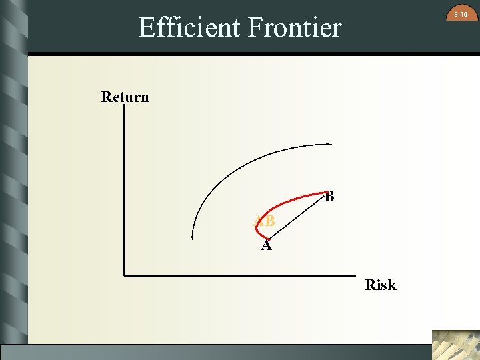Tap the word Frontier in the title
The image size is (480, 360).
294,27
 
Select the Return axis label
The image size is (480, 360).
125,97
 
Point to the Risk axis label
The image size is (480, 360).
381,285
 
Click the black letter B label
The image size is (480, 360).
329,197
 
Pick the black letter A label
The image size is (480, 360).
266,246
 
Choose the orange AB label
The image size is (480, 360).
265,221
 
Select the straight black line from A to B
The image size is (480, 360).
297,216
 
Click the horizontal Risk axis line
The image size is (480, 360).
240,274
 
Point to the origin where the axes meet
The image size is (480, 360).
124,274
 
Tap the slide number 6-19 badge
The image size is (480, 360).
460,13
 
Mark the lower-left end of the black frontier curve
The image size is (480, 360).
192,237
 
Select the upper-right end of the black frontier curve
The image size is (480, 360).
330,144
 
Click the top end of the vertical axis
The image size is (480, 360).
124,108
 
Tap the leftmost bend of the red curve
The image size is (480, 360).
257,227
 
